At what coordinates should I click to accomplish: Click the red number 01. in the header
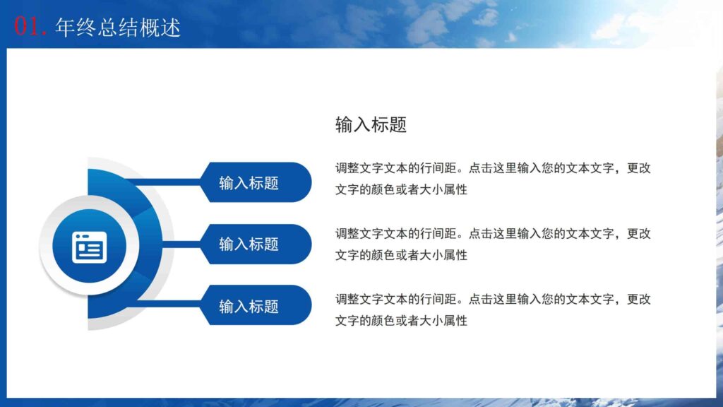pyautogui.click(x=31, y=27)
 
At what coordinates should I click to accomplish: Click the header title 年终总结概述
pyautogui.click(x=118, y=27)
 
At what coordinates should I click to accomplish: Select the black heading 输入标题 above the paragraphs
pyautogui.click(x=371, y=125)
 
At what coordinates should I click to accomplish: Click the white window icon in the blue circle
pyautogui.click(x=89, y=247)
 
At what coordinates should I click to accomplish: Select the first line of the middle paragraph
pyautogui.click(x=492, y=234)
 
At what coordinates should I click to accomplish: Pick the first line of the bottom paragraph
pyautogui.click(x=492, y=300)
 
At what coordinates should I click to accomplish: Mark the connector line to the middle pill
pyautogui.click(x=184, y=244)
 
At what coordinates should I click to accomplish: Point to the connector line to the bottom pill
pyautogui.click(x=169, y=304)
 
